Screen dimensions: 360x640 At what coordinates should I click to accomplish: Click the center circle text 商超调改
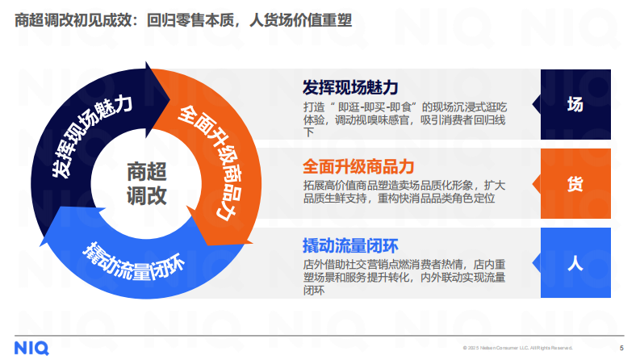(146, 183)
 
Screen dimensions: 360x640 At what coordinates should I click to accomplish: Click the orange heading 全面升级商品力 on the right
(359, 167)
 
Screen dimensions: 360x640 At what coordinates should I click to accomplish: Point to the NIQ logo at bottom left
(31, 347)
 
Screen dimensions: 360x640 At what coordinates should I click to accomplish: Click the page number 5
(621, 348)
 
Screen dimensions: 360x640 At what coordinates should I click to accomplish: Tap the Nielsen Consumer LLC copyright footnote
(517, 349)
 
